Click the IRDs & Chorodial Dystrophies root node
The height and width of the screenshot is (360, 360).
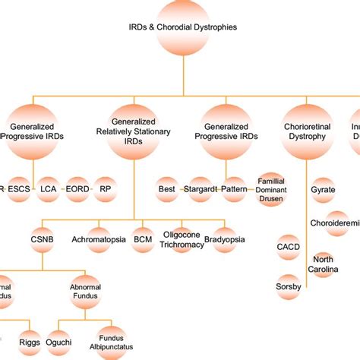[x=183, y=27]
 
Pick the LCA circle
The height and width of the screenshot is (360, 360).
[x=49, y=188]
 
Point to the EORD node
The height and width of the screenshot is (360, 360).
[x=77, y=188]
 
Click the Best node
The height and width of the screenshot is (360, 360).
[x=167, y=188]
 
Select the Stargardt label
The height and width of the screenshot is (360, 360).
[x=199, y=188]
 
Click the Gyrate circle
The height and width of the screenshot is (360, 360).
[x=323, y=189]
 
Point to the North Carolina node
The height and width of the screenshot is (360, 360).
[x=324, y=263]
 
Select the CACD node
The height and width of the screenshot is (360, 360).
[x=287, y=247]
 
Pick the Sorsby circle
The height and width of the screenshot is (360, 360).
[x=287, y=286]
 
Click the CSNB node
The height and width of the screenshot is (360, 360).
[x=43, y=238]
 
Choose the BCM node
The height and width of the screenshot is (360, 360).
[x=143, y=238]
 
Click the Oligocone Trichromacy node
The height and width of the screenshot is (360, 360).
[x=182, y=238]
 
